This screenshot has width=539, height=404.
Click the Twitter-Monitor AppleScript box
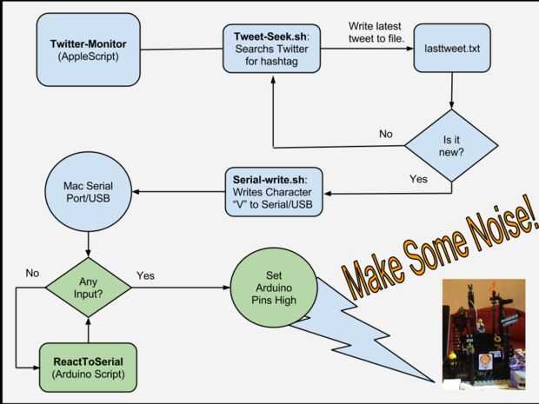[x=89, y=50]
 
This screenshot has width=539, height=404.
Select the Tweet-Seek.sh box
[x=271, y=49]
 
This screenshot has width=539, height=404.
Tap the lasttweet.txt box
[x=452, y=48]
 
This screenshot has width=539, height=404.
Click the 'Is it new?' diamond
[x=451, y=146]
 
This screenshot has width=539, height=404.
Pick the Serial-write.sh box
[x=274, y=192]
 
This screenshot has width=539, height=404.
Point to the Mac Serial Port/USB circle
[x=89, y=192]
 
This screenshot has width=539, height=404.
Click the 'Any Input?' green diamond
[x=89, y=288]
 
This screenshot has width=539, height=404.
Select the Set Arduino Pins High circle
[x=274, y=288]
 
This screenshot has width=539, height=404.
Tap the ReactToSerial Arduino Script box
[x=89, y=368]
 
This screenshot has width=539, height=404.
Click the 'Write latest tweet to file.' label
[x=376, y=32]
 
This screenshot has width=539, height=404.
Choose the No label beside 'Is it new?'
[x=386, y=134]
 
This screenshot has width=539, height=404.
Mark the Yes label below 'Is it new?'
[x=418, y=179]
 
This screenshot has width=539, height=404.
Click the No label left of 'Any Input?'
[x=32, y=273]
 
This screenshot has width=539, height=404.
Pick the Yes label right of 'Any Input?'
[x=145, y=275]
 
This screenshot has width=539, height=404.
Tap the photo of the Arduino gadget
[x=483, y=334]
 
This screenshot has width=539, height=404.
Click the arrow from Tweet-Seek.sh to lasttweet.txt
[x=367, y=49]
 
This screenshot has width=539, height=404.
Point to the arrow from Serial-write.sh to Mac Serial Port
[x=179, y=192]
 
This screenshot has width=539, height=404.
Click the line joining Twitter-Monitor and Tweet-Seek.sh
[x=182, y=50]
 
